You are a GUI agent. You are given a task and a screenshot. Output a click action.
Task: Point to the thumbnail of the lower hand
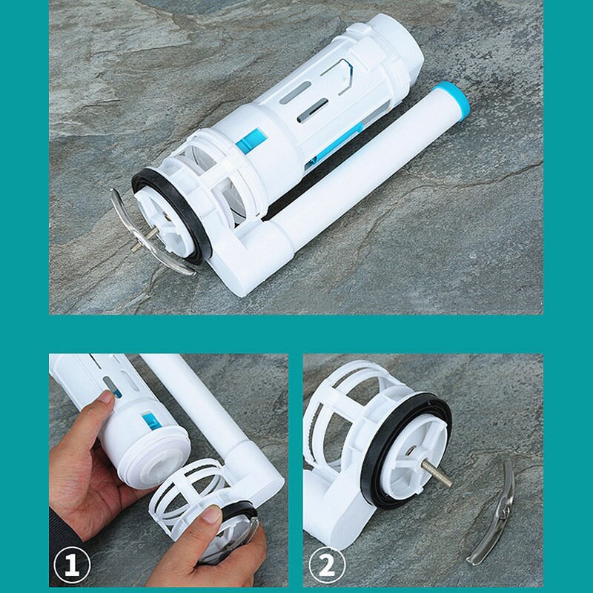point(211,514)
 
